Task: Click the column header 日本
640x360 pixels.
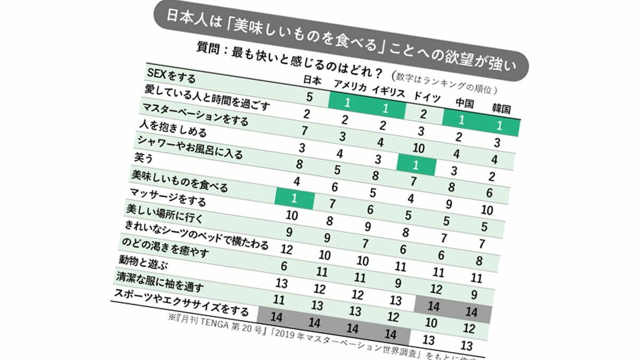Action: [x=311, y=79]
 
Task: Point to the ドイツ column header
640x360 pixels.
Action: [x=427, y=97]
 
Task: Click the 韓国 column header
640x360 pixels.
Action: [x=501, y=109]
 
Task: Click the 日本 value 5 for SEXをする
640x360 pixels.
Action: [x=309, y=97]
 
